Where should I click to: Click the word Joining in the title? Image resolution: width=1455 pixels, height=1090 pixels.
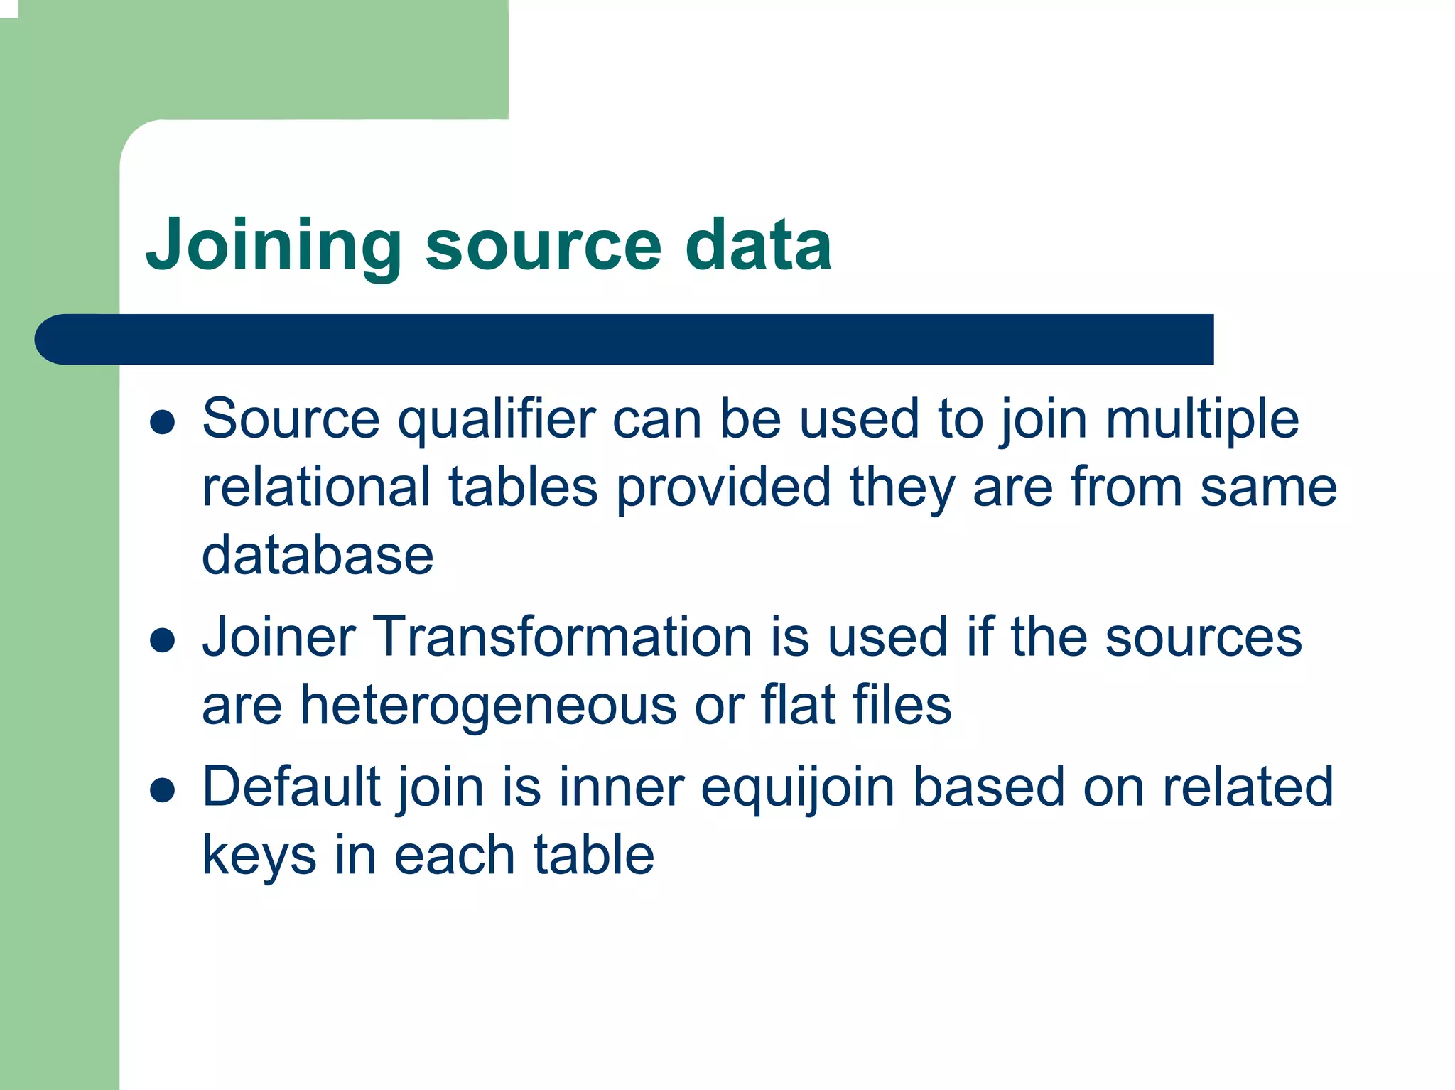tap(274, 245)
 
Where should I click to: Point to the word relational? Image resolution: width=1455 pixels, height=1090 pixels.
tap(316, 487)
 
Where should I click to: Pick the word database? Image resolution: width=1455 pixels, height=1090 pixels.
tap(318, 555)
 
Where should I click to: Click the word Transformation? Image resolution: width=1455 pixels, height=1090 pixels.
tap(562, 637)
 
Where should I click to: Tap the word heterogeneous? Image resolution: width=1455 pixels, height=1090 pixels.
tap(488, 706)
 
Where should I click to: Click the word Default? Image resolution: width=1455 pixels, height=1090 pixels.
tap(291, 787)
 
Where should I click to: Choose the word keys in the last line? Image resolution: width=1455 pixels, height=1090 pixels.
tap(259, 856)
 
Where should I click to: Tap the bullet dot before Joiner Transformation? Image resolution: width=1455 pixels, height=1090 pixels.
tap(163, 640)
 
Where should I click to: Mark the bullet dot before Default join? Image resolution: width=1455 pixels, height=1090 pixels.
tap(163, 790)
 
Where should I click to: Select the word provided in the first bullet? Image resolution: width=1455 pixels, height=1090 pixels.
tap(723, 489)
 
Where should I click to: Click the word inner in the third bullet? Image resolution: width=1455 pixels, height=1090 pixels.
tap(621, 787)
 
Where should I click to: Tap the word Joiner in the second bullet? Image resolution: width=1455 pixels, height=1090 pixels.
tap(278, 637)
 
